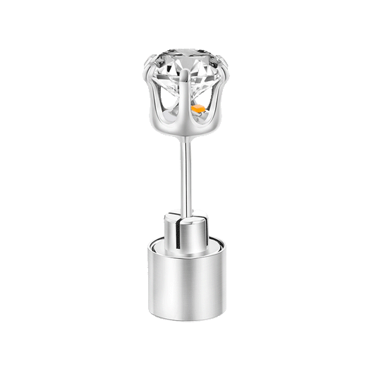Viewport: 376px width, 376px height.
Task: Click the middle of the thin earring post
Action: [188, 176]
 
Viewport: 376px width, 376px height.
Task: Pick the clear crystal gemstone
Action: [188, 71]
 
